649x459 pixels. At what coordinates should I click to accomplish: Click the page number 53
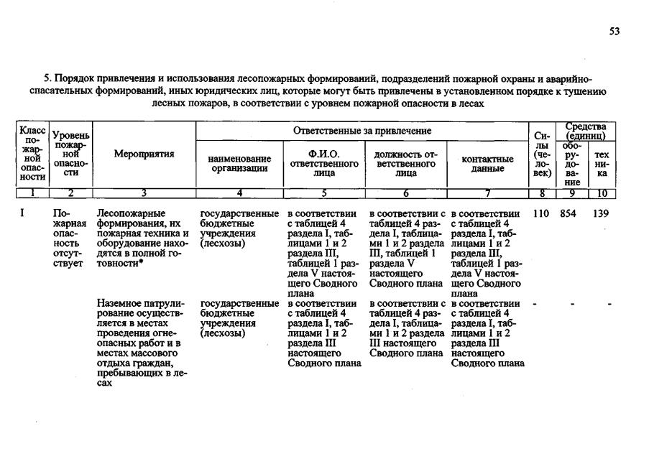615,32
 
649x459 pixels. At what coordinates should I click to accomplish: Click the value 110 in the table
541,213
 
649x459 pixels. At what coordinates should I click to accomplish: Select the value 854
569,213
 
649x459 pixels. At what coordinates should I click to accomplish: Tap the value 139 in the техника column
601,213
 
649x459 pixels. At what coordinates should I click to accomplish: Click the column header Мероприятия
144,154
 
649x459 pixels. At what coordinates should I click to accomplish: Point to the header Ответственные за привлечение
362,131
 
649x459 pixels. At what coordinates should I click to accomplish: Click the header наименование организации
239,163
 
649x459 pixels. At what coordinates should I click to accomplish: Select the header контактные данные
487,163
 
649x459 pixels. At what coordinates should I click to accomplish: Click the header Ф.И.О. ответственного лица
323,163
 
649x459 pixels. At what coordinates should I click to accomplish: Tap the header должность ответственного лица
405,163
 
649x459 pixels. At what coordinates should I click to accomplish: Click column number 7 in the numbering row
487,193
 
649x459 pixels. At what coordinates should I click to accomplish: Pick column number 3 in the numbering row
144,193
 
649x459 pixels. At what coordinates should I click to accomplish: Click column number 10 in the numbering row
602,193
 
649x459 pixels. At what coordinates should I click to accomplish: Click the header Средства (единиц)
586,131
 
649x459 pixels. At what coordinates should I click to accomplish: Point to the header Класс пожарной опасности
32,154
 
